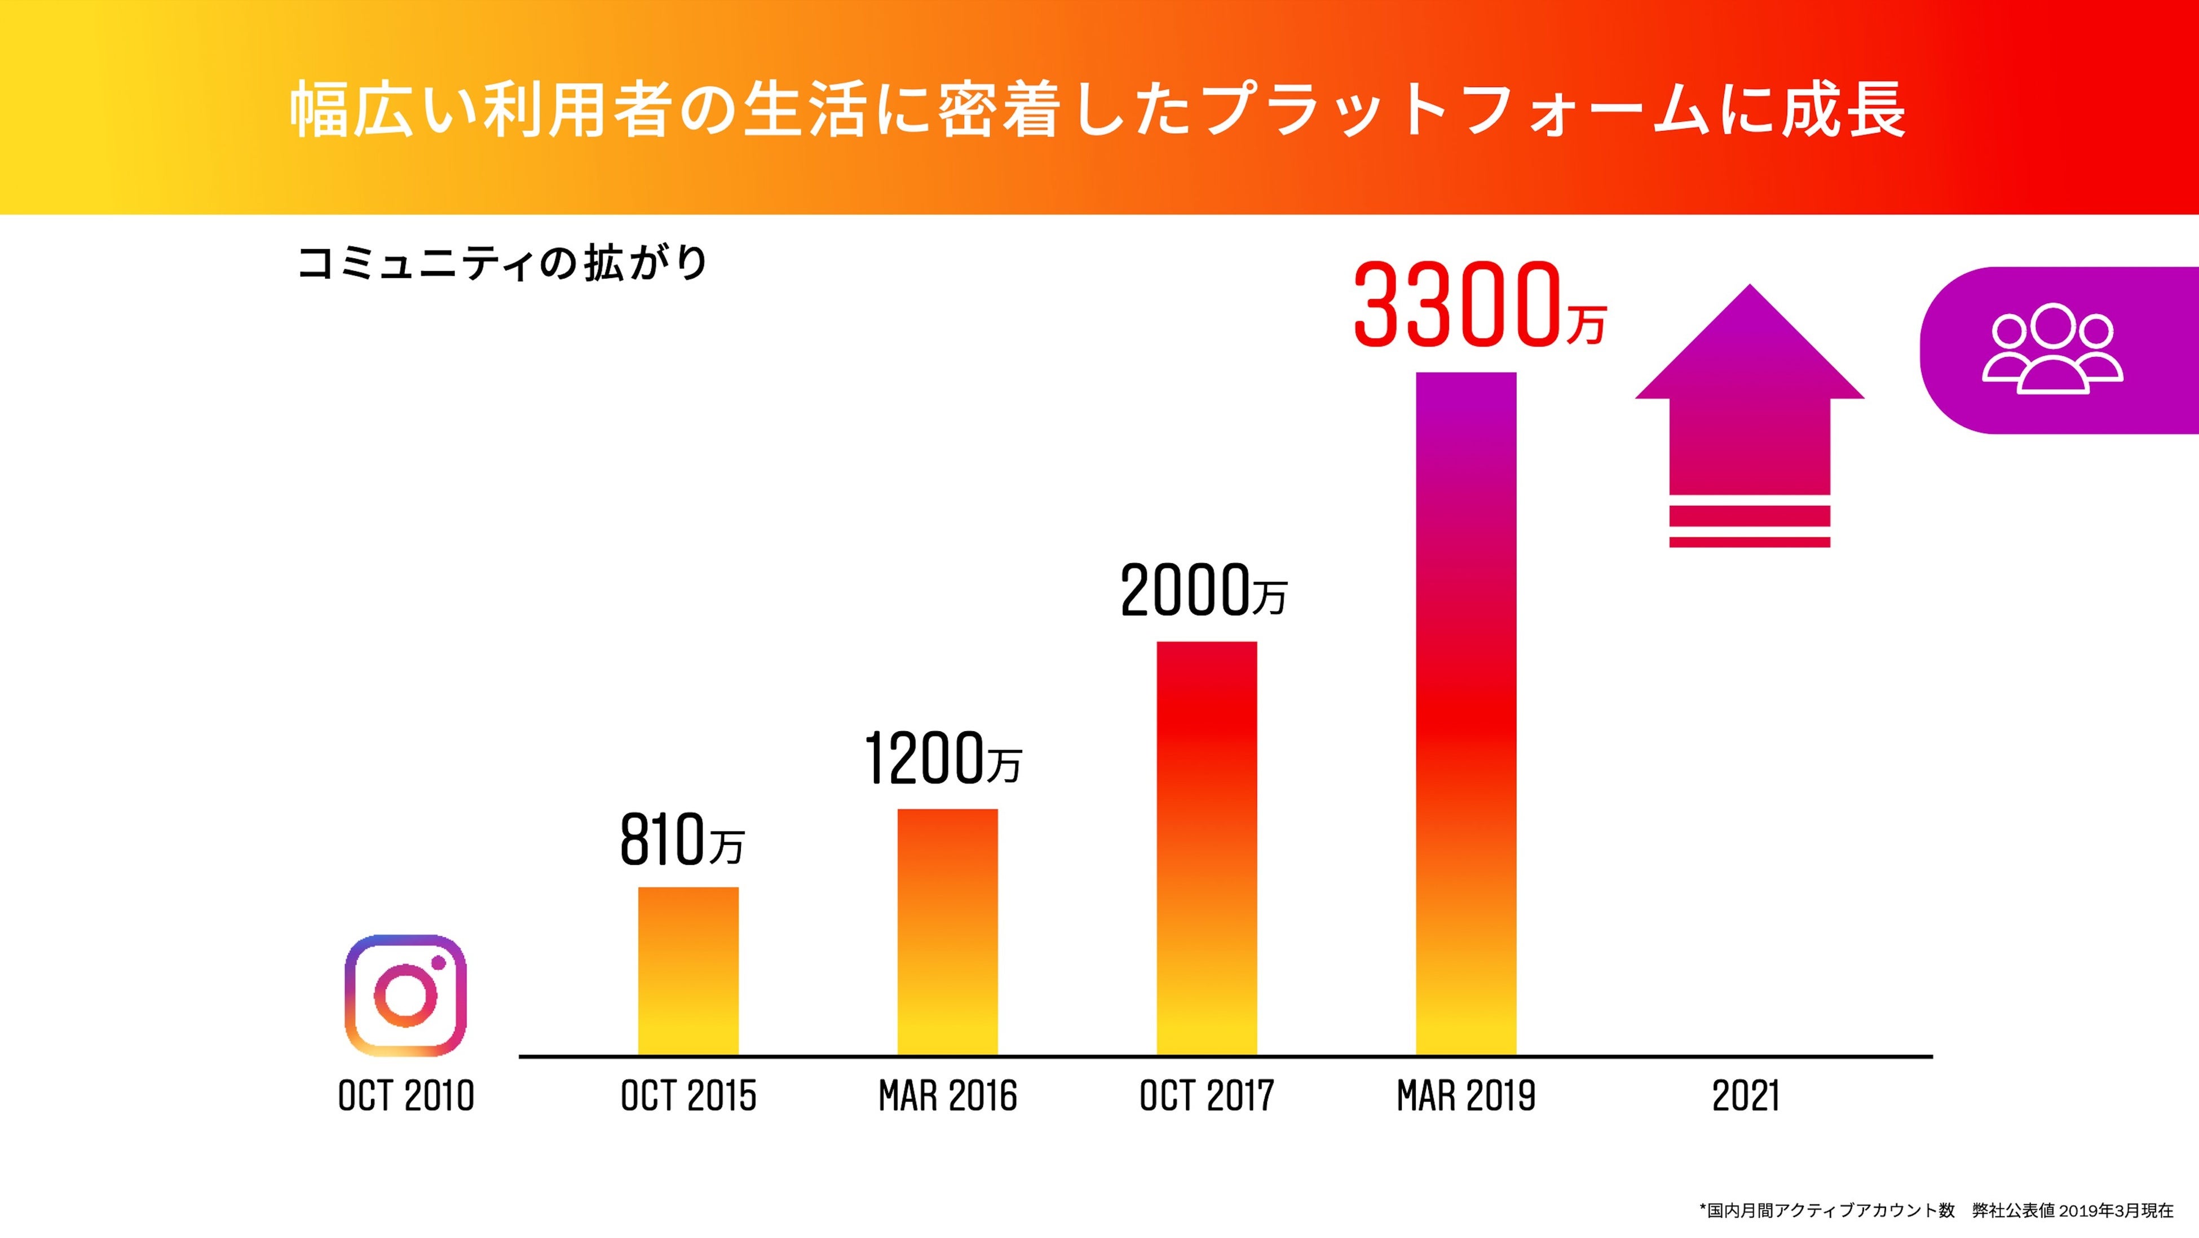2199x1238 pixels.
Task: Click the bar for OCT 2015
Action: point(688,971)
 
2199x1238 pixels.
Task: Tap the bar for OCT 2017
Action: point(1206,848)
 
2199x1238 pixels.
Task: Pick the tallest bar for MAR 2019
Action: point(1465,713)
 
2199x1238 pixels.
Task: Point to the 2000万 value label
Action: point(1203,591)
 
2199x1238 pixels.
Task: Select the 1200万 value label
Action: point(942,758)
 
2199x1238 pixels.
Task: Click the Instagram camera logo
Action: point(405,996)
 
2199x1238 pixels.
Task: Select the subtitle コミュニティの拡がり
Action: point(502,263)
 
